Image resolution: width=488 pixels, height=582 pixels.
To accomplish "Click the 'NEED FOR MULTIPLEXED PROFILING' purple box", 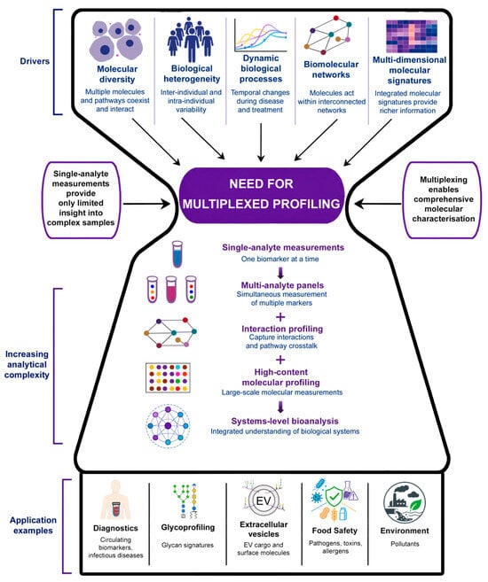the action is pyautogui.click(x=262, y=195).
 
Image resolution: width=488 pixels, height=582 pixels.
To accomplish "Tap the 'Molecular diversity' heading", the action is pyautogui.click(x=117, y=74).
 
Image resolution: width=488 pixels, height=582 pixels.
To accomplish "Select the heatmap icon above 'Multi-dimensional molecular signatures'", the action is pyautogui.click(x=412, y=36).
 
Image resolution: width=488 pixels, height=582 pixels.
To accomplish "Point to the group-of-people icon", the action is pyautogui.click(x=190, y=39).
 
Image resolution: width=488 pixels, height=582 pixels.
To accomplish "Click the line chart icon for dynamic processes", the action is pyautogui.click(x=261, y=35).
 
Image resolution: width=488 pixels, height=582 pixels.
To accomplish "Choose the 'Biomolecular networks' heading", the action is pyautogui.click(x=331, y=69).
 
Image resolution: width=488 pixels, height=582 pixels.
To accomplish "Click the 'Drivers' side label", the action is pyautogui.click(x=35, y=61).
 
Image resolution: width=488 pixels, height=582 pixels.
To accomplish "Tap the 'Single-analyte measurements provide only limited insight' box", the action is pyautogui.click(x=81, y=199).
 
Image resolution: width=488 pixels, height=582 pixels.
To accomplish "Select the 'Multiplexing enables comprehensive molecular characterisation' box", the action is pyautogui.click(x=444, y=199).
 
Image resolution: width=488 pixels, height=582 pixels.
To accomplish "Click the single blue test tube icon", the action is pyautogui.click(x=177, y=254).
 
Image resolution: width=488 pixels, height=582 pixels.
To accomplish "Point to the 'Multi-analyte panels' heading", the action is pyautogui.click(x=282, y=285).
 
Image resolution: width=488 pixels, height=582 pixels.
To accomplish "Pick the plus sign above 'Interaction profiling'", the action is pyautogui.click(x=280, y=317).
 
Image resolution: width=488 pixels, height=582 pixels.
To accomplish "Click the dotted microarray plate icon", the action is pyautogui.click(x=168, y=378).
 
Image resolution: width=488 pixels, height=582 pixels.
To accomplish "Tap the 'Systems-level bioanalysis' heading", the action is pyautogui.click(x=285, y=421).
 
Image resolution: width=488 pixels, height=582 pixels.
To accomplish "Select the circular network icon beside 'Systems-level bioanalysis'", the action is pyautogui.click(x=168, y=426).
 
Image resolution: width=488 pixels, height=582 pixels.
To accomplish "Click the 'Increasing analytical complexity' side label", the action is pyautogui.click(x=27, y=364).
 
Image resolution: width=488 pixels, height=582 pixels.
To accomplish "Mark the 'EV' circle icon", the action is pyautogui.click(x=264, y=501).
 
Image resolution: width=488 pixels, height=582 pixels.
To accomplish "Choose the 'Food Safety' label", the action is pyautogui.click(x=335, y=531).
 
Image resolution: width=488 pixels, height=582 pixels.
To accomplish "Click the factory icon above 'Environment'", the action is pyautogui.click(x=405, y=502).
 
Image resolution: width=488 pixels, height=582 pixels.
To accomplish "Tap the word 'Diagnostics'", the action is pyautogui.click(x=115, y=528).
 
